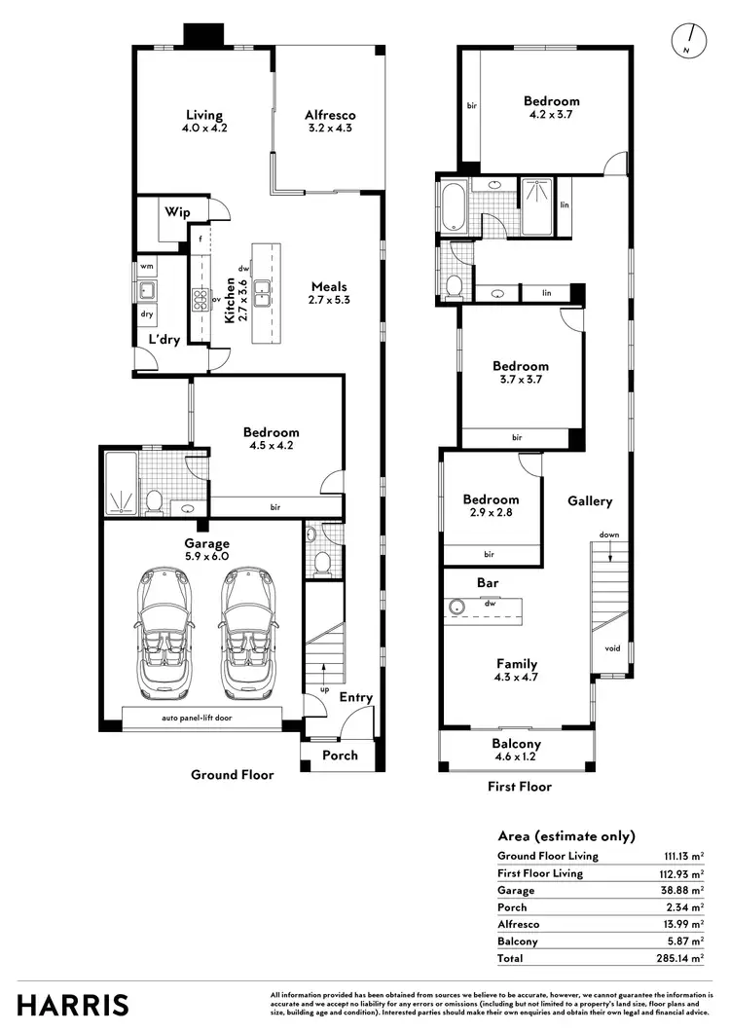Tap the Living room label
click(x=204, y=122)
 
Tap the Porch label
click(x=340, y=755)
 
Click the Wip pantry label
click(x=176, y=211)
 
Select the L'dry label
click(x=162, y=339)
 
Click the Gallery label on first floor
click(x=590, y=501)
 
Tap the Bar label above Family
click(x=488, y=582)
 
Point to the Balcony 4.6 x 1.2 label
click(x=516, y=751)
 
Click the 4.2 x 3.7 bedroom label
click(x=551, y=108)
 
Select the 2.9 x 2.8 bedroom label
click(x=491, y=506)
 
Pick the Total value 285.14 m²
click(x=683, y=959)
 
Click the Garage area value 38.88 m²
click(x=683, y=890)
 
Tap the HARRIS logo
click(x=72, y=1004)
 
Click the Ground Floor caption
click(x=233, y=775)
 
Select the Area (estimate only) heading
click(x=566, y=835)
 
